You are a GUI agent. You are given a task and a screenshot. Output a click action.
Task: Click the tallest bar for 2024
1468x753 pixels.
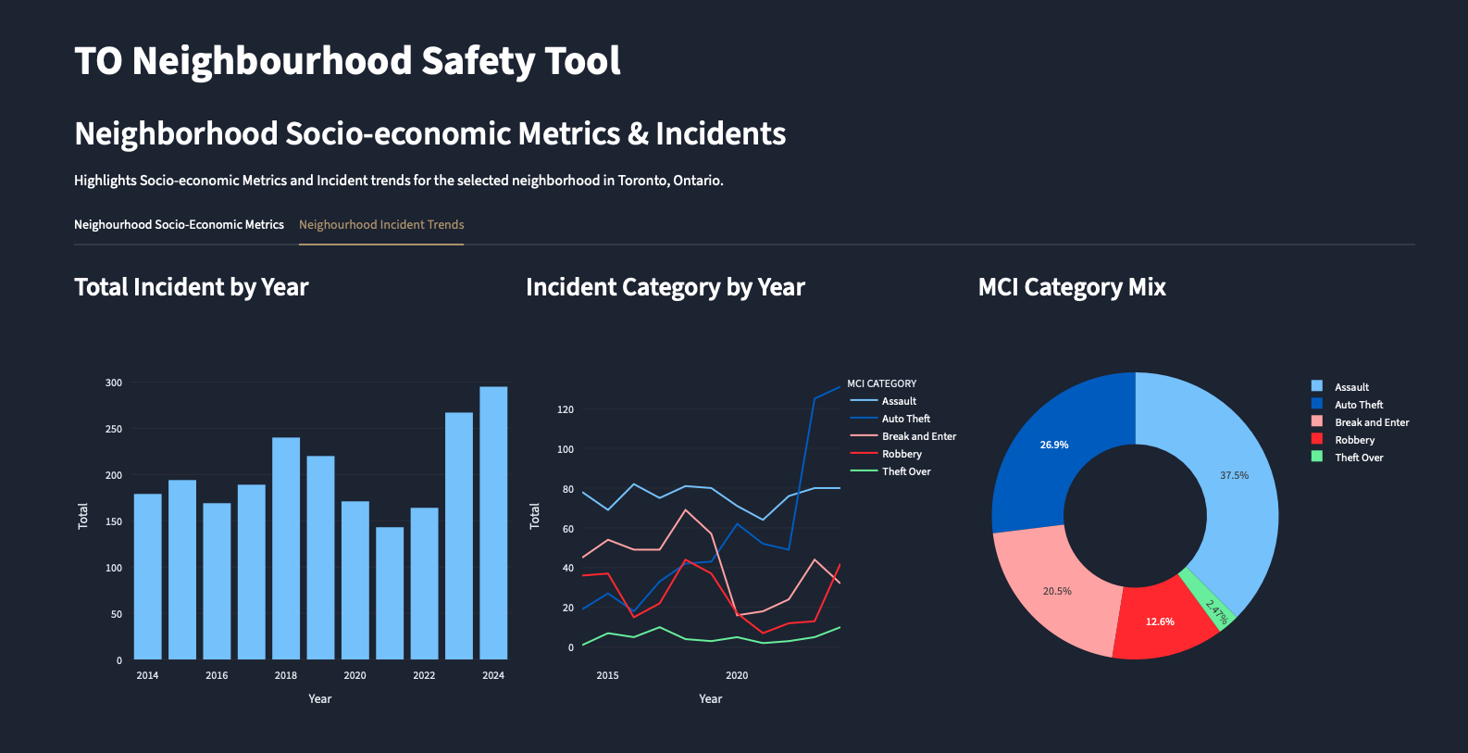[x=493, y=523]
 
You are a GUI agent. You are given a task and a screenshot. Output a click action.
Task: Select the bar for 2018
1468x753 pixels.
[x=286, y=548]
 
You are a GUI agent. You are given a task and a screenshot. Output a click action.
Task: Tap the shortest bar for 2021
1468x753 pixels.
[x=390, y=594]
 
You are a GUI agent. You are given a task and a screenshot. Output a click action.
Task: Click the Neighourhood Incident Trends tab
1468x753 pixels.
[x=381, y=225]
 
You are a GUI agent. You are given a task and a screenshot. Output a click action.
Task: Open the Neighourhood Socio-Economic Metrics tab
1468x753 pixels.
[x=179, y=225]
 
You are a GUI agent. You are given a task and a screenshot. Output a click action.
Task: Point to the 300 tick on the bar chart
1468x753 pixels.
[x=114, y=383]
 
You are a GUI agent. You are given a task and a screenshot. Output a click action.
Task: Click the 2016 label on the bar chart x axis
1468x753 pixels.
[x=217, y=675]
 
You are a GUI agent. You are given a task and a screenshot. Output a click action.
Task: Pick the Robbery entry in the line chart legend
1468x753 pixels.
[x=902, y=454]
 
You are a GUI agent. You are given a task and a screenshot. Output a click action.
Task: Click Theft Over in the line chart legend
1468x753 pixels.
[x=906, y=471]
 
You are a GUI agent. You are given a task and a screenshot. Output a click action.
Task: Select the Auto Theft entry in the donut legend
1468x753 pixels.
[x=1358, y=405]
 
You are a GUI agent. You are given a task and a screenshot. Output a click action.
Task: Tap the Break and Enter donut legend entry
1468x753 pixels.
[x=1371, y=422]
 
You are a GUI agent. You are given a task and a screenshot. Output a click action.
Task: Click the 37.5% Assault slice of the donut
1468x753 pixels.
[x=1235, y=476]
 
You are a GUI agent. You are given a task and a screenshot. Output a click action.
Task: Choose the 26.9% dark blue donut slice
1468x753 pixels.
[x=1053, y=446]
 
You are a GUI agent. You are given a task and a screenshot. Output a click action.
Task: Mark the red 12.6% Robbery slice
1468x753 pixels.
[x=1160, y=621]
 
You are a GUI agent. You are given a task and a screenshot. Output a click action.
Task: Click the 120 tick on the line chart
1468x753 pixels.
[x=565, y=409]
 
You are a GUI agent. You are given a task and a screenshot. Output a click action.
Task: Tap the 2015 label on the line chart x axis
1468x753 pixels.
[x=607, y=675]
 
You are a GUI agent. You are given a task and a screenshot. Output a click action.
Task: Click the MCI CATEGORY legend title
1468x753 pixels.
[x=881, y=383]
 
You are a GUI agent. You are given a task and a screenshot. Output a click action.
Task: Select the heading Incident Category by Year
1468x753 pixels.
[x=665, y=287]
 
